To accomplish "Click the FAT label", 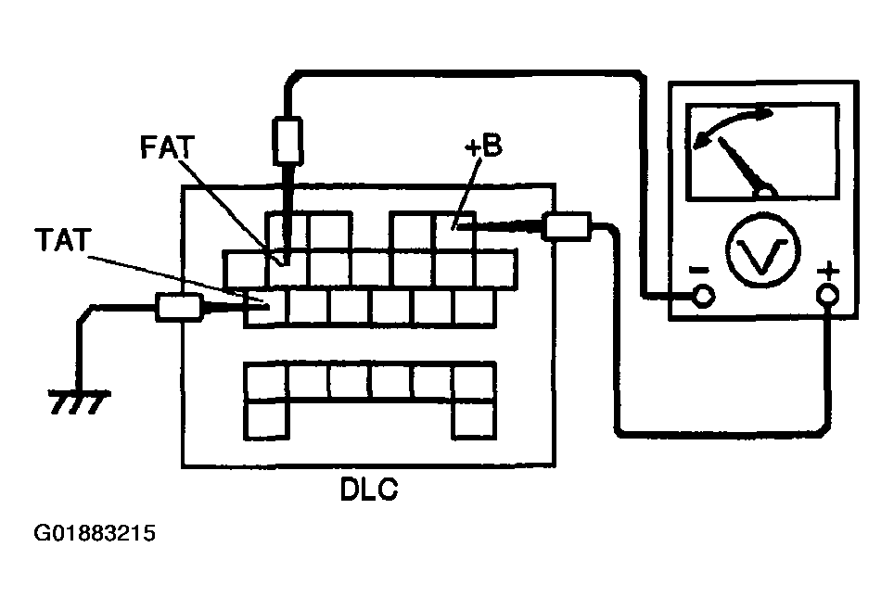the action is coord(167,147).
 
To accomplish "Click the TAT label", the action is coord(63,239).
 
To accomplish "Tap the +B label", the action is coord(483,146).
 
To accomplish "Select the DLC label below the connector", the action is coord(369,489).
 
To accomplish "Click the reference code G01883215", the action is coord(94,533).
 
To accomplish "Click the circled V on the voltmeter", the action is coord(763,249).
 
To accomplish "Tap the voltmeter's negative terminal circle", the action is coord(704,295).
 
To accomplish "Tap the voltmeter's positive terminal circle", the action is coord(827,295).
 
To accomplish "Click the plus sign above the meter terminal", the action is coord(829,270).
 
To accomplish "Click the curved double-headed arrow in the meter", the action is coord(732,126).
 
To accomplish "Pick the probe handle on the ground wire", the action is coord(179,307).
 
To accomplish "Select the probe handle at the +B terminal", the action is coord(567,225).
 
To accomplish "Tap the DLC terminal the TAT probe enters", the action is coord(265,307).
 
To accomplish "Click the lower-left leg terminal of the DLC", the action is coord(265,420).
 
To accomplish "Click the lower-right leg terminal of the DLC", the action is coord(473,420).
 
